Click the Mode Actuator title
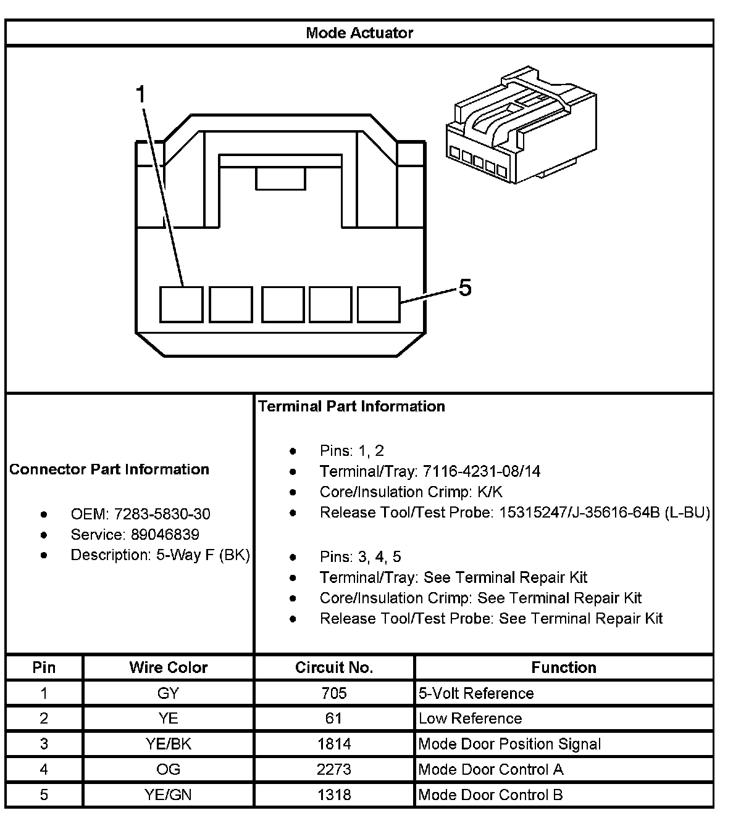tap(359, 33)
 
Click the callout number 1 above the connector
tap(141, 95)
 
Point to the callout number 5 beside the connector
tap(464, 287)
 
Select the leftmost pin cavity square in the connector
tap(181, 304)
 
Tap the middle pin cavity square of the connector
tap(283, 304)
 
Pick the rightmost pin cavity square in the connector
tap(379, 304)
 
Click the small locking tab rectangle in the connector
tap(281, 180)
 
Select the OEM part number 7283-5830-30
tap(162, 514)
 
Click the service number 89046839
tap(165, 534)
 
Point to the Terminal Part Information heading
tap(351, 406)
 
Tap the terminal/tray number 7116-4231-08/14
tap(481, 472)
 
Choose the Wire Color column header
tap(168, 667)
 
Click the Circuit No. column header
tap(333, 667)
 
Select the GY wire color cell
tap(168, 693)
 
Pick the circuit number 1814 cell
tap(334, 744)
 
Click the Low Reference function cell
tap(470, 719)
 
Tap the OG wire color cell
tap(168, 769)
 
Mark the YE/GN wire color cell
tap(168, 794)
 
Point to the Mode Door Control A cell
tap(490, 769)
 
